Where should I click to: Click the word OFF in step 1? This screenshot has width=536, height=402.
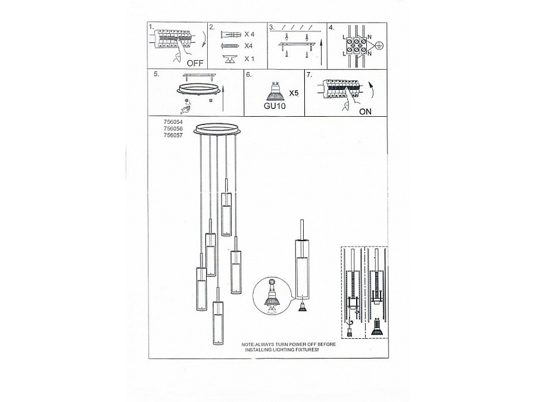194,62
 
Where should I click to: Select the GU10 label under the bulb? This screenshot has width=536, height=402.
275,107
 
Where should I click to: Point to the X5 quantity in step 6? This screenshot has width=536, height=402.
293,94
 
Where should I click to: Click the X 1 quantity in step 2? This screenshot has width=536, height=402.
250,58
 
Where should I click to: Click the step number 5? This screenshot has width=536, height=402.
155,75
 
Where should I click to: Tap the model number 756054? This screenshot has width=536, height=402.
172,121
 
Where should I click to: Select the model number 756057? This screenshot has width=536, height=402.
172,135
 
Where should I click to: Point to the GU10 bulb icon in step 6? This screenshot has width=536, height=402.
275,91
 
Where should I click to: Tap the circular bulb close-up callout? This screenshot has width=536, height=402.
272,295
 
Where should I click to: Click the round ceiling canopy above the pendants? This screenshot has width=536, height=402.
218,129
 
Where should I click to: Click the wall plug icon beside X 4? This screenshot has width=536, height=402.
230,35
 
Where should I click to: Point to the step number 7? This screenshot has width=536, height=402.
309,75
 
